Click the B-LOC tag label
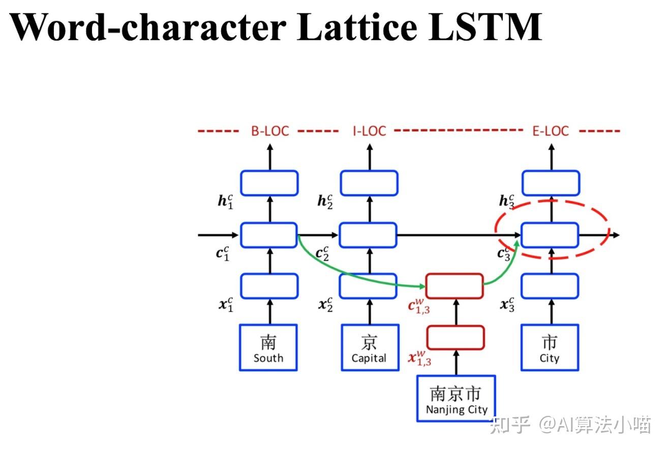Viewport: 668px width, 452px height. point(269,131)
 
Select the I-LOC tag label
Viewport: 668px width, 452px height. point(370,131)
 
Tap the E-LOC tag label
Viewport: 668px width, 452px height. point(551,131)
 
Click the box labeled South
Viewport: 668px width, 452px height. point(268,347)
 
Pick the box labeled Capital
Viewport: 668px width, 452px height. point(369,347)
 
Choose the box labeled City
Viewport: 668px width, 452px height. point(550,347)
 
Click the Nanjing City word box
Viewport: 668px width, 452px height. point(456,399)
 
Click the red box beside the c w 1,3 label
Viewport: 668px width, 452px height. point(454,286)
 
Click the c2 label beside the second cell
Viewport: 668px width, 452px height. point(322,253)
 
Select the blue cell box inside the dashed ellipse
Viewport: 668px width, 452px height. point(550,235)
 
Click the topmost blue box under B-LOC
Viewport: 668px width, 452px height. point(269,183)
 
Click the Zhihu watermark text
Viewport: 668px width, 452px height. point(569,425)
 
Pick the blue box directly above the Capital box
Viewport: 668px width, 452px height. point(369,286)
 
